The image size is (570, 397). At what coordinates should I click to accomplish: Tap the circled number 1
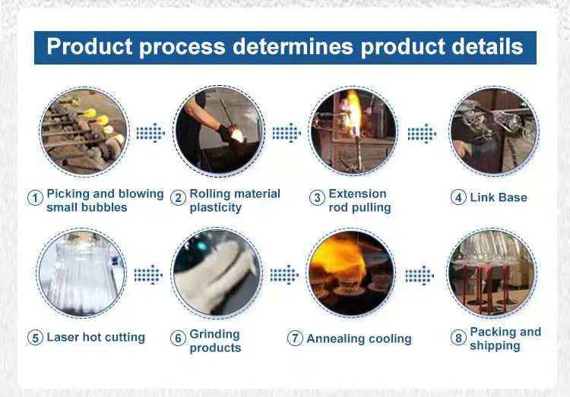pyautogui.click(x=34, y=198)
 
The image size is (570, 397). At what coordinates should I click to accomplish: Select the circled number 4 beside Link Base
pyautogui.click(x=458, y=198)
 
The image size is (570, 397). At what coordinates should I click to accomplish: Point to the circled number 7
pyautogui.click(x=295, y=339)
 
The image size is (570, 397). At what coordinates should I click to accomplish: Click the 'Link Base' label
pyautogui.click(x=499, y=197)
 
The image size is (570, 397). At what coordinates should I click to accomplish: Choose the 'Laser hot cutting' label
pyautogui.click(x=96, y=337)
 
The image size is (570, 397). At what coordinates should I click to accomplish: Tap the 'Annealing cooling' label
pyautogui.click(x=359, y=339)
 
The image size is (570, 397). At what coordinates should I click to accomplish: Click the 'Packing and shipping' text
pyautogui.click(x=505, y=339)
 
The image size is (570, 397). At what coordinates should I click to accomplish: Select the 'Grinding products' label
pyautogui.click(x=215, y=341)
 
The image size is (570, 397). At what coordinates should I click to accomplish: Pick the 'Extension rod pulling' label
pyautogui.click(x=359, y=200)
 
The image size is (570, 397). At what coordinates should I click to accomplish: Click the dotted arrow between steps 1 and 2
pyautogui.click(x=150, y=133)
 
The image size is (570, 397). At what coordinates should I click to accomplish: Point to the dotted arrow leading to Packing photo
pyautogui.click(x=420, y=274)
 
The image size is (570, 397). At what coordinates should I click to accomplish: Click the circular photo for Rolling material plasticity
pyautogui.click(x=219, y=131)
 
